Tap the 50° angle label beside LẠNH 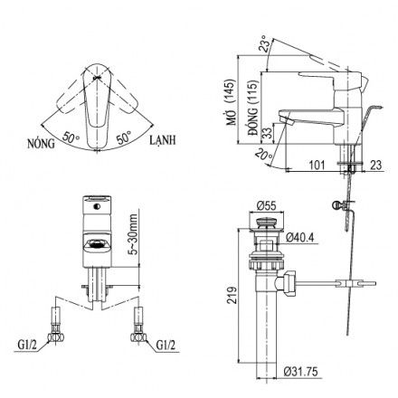[125, 137]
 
